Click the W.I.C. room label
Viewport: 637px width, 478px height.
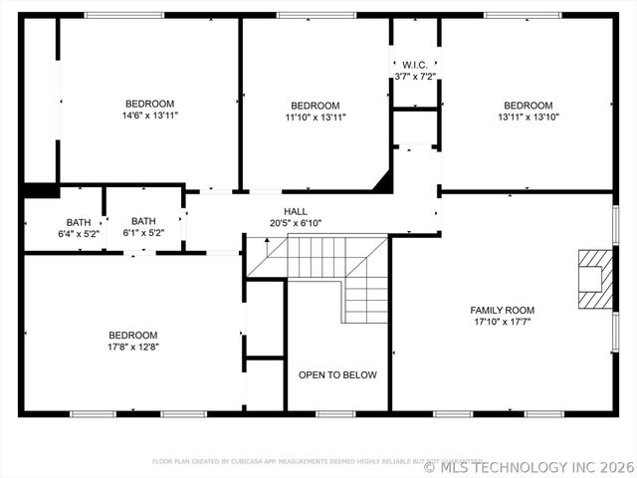415,65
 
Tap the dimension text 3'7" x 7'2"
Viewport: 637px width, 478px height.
415,77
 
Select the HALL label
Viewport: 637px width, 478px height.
296,211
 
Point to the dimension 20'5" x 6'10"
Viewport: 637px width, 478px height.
296,223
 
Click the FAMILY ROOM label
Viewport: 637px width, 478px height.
502,311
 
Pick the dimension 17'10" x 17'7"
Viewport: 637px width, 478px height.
502,323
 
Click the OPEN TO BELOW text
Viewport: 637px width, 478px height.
338,375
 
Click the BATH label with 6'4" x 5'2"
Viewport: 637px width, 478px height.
79,222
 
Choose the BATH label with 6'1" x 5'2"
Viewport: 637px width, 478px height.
143,221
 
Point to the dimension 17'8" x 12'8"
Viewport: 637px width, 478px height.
133,348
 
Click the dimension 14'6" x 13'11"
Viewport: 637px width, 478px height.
149,116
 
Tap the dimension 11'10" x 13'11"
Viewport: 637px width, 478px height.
315,118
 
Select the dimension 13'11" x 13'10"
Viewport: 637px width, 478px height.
528,117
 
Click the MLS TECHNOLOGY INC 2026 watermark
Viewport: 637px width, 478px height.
529,466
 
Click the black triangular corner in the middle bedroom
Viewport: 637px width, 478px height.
382,180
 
